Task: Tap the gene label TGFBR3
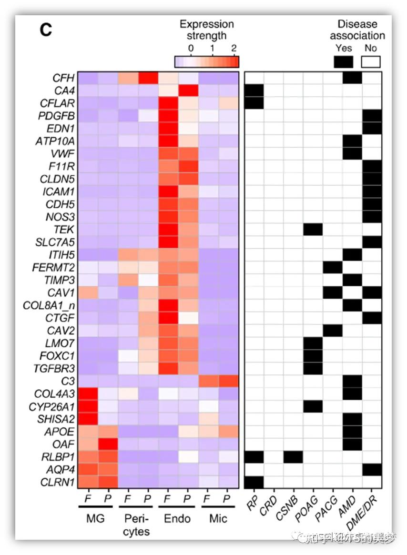(56, 368)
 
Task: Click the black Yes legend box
(343, 62)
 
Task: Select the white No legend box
(371, 62)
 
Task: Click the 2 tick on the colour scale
(234, 48)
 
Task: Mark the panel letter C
(45, 30)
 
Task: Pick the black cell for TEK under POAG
(313, 230)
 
